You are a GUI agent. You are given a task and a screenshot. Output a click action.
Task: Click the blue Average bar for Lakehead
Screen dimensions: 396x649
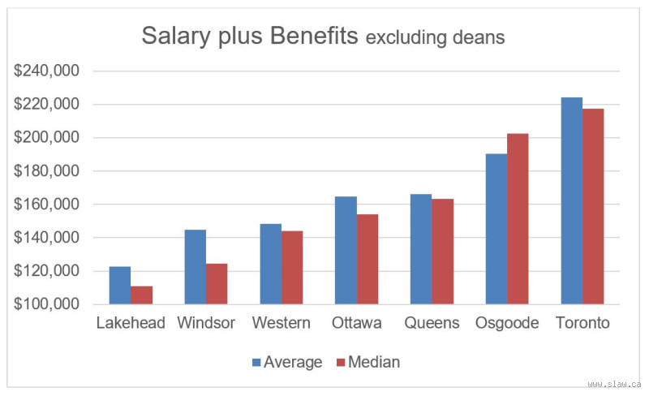(x=120, y=285)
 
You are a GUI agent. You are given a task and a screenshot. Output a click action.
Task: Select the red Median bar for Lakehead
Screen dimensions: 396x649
(x=141, y=295)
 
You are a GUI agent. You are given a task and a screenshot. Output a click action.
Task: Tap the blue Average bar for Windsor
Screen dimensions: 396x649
(x=195, y=267)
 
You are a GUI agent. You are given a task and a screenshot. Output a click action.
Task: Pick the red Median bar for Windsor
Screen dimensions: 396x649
(x=217, y=283)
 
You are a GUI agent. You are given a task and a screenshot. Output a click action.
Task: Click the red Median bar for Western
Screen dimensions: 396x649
(x=292, y=267)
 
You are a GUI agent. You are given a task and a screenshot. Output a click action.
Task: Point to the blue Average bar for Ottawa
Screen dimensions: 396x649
(x=346, y=250)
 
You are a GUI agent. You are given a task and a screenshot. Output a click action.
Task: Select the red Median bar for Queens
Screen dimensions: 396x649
(x=442, y=251)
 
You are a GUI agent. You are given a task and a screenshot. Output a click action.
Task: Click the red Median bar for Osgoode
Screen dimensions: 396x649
(x=518, y=218)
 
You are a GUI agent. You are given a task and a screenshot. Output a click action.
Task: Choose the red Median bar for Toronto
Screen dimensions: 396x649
(x=593, y=206)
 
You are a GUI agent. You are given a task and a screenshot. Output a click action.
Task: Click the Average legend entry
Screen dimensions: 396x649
(x=286, y=362)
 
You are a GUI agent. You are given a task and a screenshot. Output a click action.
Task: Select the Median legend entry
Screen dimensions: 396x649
(x=367, y=362)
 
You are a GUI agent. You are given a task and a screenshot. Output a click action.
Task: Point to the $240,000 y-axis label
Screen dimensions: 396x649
(x=47, y=71)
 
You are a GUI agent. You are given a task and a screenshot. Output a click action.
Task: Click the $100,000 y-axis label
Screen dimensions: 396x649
(x=47, y=304)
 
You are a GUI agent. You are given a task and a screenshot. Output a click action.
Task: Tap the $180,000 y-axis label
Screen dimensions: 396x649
(x=47, y=171)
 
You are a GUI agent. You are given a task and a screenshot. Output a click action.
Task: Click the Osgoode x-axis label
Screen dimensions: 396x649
(x=507, y=323)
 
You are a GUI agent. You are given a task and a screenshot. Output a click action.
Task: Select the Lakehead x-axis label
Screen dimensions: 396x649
(x=131, y=323)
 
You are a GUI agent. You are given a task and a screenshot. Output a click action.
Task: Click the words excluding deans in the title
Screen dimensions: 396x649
(x=436, y=38)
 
